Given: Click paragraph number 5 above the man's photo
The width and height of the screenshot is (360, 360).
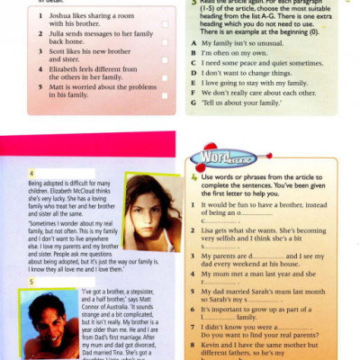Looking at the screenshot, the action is point(32,282).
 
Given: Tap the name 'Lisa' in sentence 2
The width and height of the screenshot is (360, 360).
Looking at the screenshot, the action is point(210,230).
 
